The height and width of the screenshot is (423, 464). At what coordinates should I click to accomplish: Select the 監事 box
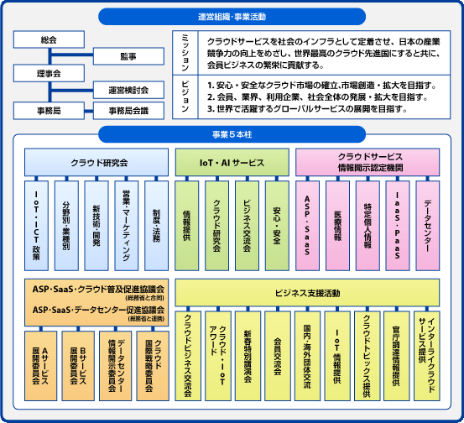pos(128,57)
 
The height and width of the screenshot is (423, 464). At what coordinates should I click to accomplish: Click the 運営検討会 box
pos(128,91)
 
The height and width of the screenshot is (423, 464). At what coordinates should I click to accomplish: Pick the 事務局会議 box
pos(128,110)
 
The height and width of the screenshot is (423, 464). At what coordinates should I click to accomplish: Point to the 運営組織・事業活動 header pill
pos(232,15)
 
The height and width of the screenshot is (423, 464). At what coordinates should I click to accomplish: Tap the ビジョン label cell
pos(186,97)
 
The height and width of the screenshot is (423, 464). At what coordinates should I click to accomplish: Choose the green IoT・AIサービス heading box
pos(232,163)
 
